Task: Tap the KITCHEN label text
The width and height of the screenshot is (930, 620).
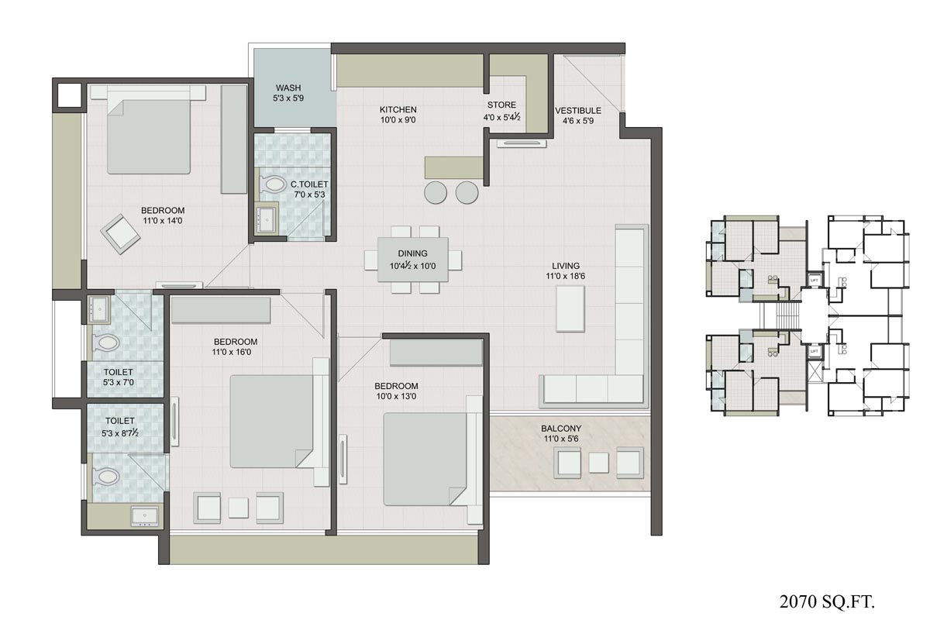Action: click(x=398, y=110)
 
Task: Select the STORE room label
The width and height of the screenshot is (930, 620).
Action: click(x=501, y=105)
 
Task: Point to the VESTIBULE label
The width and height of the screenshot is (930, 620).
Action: click(x=578, y=110)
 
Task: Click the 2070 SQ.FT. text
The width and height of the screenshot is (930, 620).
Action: click(x=831, y=599)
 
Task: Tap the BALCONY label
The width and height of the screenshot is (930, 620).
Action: click(x=561, y=429)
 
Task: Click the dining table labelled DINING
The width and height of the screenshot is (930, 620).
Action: click(x=412, y=260)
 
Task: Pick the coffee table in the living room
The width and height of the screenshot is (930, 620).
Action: click(x=570, y=308)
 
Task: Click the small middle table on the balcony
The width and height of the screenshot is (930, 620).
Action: click(x=599, y=463)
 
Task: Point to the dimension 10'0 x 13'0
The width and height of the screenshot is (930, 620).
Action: click(x=397, y=397)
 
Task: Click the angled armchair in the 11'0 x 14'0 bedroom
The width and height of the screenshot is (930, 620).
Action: click(x=119, y=233)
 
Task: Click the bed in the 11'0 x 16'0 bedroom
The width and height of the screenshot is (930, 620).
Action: click(x=273, y=421)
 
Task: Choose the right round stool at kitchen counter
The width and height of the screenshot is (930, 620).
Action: click(x=467, y=192)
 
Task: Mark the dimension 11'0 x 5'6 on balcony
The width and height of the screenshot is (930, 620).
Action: click(x=561, y=439)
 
